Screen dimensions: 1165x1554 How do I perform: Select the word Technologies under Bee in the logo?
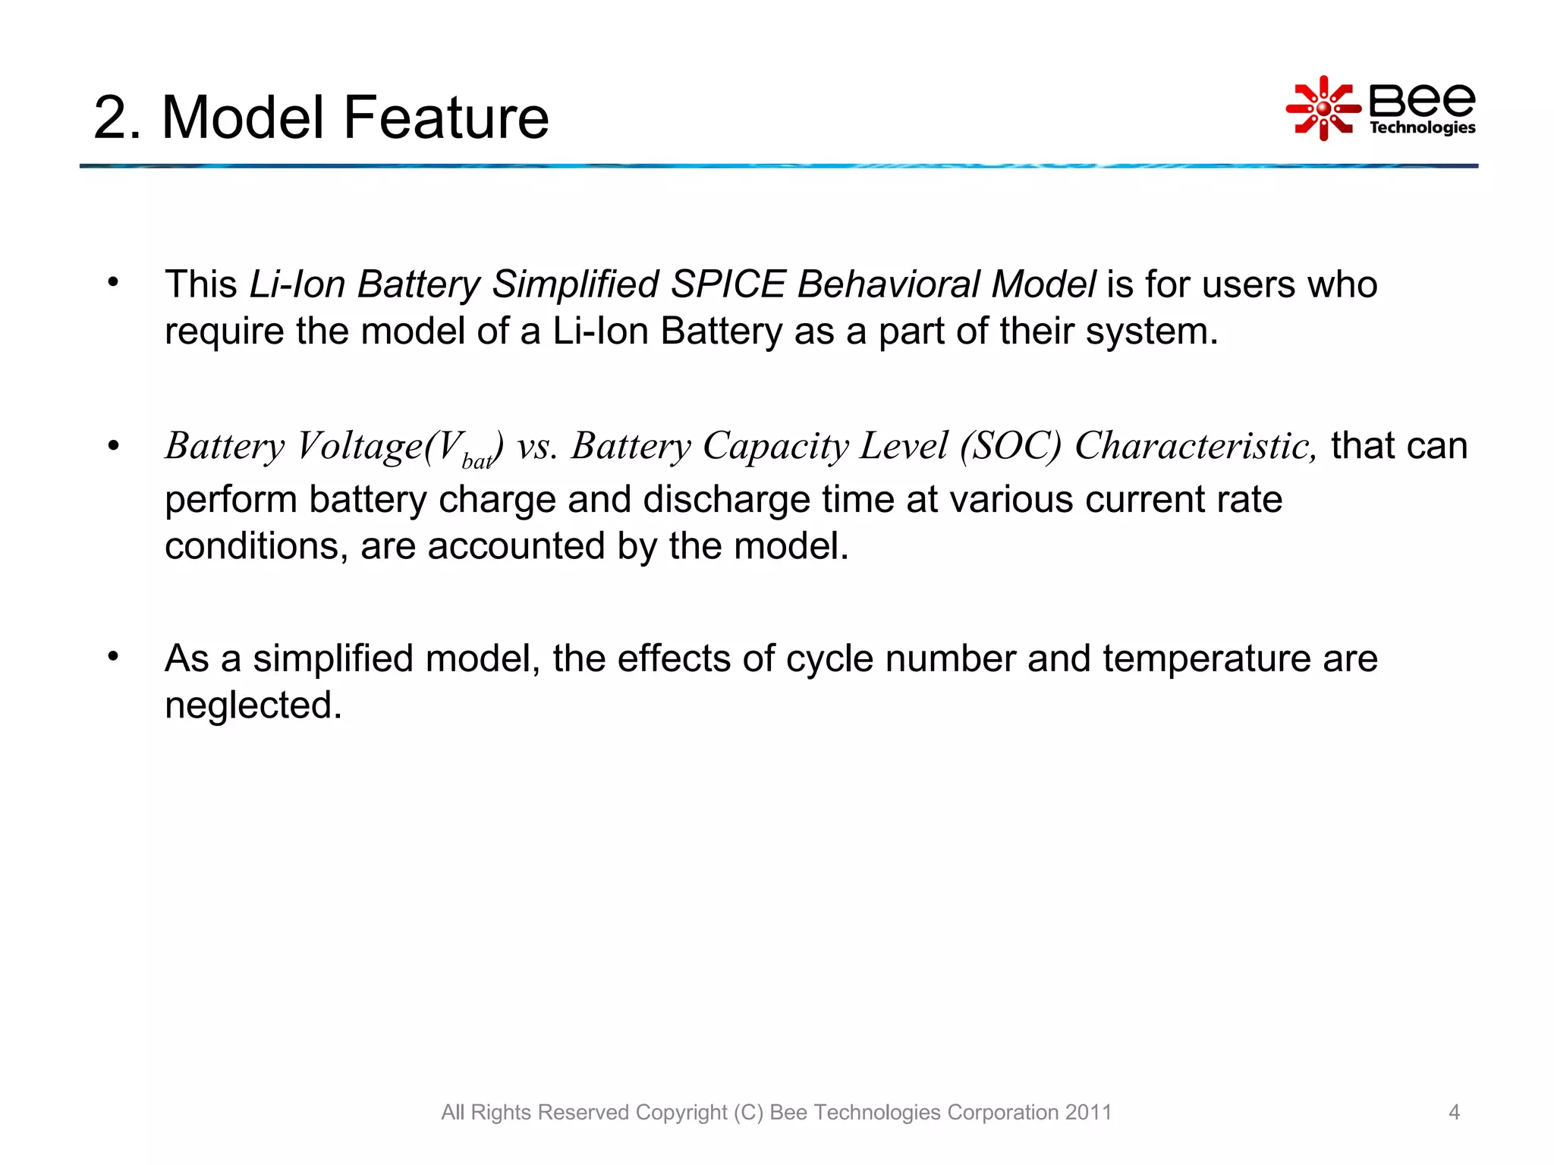(x=1422, y=127)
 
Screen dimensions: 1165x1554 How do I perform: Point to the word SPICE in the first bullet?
(x=728, y=284)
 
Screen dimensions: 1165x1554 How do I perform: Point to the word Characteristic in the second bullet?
(x=1195, y=446)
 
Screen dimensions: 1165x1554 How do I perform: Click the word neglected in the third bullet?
(x=253, y=705)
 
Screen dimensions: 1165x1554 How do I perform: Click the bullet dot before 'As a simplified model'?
(x=113, y=656)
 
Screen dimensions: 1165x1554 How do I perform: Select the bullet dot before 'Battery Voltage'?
(x=113, y=445)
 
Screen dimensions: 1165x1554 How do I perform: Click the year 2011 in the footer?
(x=1088, y=1112)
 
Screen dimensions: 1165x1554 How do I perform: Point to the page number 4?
(x=1454, y=1112)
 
